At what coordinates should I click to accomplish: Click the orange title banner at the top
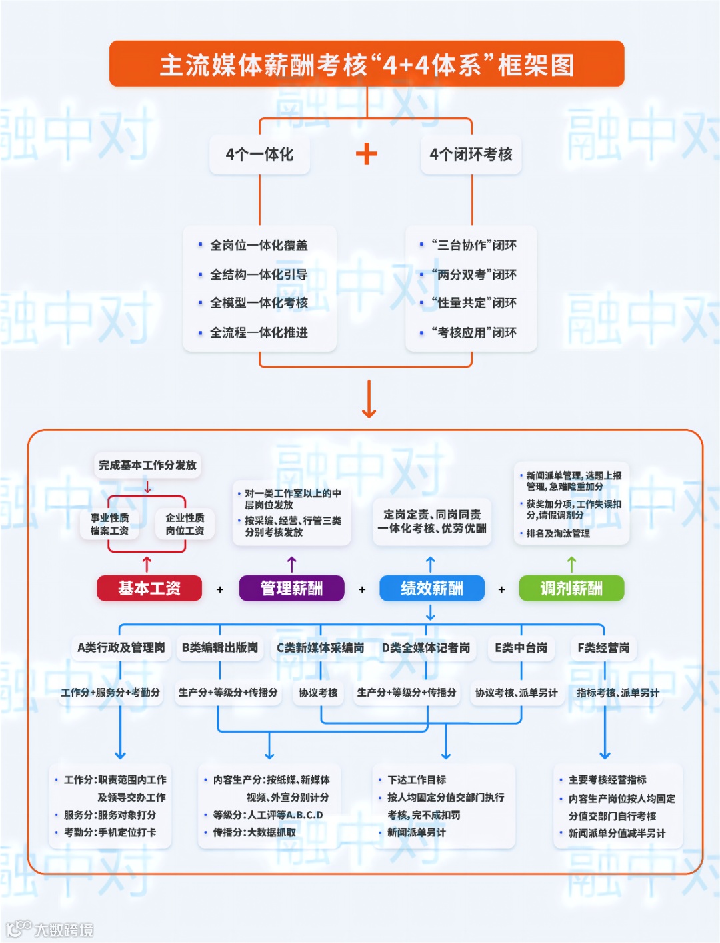[x=367, y=65]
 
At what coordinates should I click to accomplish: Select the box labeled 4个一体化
[x=259, y=155]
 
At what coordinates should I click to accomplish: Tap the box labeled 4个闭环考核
[x=471, y=155]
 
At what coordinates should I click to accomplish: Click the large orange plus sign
[x=367, y=154]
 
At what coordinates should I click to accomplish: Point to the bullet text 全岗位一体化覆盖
[x=259, y=246]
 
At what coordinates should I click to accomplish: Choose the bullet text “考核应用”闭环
[x=473, y=332]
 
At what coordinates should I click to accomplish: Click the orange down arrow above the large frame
[x=369, y=399]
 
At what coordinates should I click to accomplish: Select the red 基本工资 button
[x=149, y=588]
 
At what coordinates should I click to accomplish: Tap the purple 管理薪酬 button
[x=291, y=588]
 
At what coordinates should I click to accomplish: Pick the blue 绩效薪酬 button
[x=431, y=588]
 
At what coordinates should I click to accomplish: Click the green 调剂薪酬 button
[x=571, y=588]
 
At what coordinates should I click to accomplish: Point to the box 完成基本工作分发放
[x=147, y=465]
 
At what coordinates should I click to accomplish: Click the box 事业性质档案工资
[x=110, y=524]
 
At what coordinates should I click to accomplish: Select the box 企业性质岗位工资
[x=185, y=524]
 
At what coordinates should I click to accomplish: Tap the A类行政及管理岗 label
[x=121, y=647]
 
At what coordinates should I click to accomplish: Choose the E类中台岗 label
[x=521, y=647]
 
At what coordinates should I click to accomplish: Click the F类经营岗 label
[x=603, y=647]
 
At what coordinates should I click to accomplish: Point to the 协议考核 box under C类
[x=318, y=693]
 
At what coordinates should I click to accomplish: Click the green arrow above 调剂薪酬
[x=571, y=564]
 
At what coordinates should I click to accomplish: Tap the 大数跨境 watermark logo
[x=50, y=928]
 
